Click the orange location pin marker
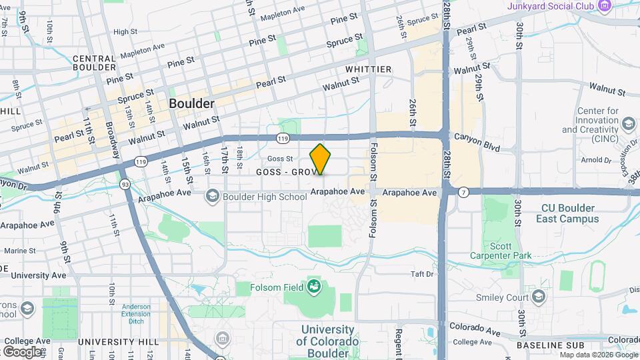320,159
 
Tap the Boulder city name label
191,104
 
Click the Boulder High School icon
213,196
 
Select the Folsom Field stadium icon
313,287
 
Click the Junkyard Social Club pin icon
605,7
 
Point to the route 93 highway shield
124,183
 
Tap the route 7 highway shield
464,192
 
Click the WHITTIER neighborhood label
368,69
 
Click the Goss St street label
280,159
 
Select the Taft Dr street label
422,274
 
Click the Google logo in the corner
21,351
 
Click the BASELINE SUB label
550,345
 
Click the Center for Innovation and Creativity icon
627,124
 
